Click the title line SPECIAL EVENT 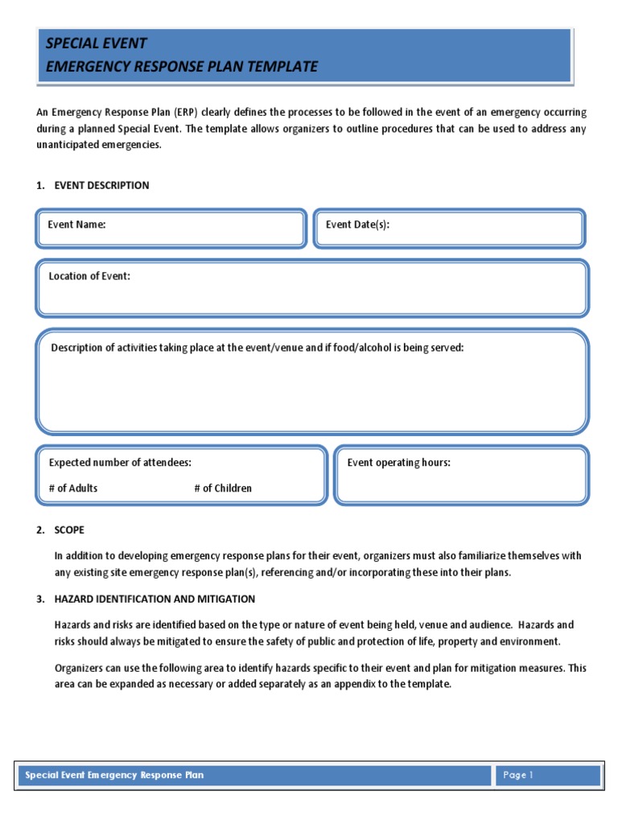click(97, 43)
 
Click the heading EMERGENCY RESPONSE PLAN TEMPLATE click(181, 67)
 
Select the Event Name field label click(76, 225)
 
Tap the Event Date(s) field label click(357, 225)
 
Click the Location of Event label click(89, 276)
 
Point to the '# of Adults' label click(73, 488)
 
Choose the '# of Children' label click(223, 488)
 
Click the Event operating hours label click(398, 463)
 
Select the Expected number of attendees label click(120, 463)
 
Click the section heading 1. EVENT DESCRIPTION click(93, 186)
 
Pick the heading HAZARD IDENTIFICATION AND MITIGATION click(154, 599)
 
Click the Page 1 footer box click(546, 776)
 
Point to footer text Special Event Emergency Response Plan click(114, 776)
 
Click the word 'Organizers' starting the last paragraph click(80, 668)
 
